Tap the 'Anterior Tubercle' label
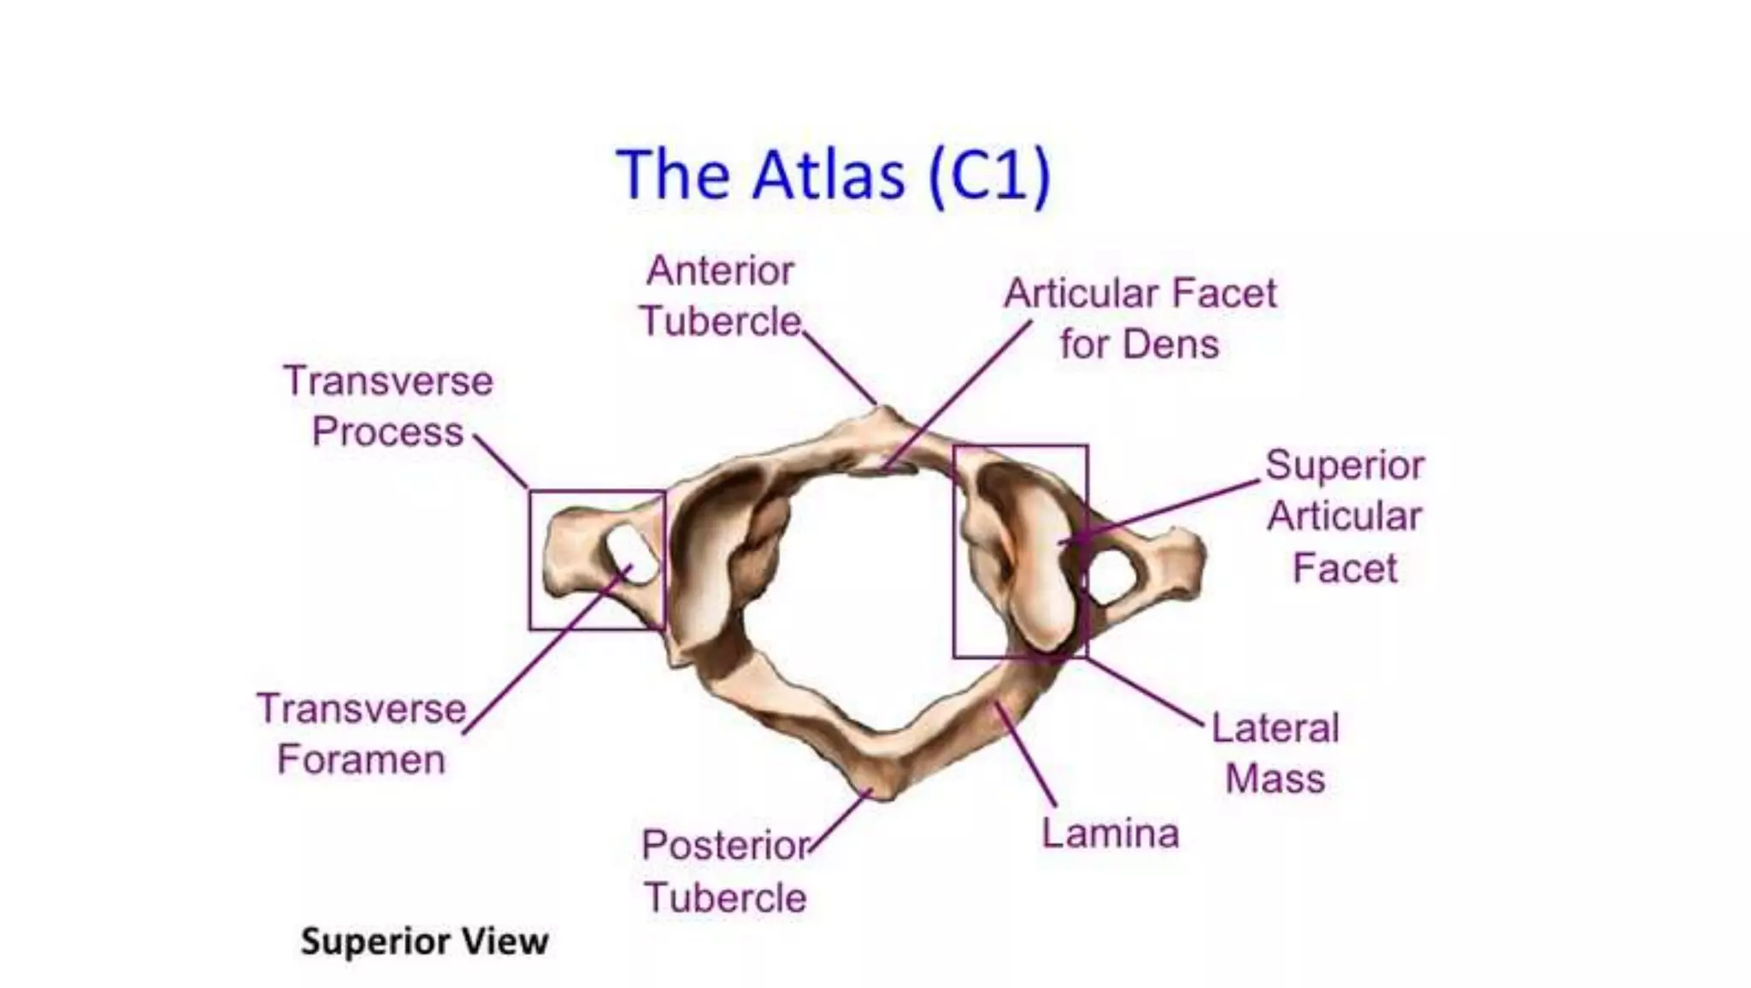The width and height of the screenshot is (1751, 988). (720, 296)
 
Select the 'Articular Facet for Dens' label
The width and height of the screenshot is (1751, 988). (1140, 318)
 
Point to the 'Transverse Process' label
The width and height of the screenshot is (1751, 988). (388, 406)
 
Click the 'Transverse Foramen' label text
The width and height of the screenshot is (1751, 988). (362, 734)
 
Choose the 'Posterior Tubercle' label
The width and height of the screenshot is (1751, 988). (725, 871)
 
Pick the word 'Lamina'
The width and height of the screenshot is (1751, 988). (1110, 833)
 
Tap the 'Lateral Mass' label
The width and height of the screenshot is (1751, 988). (1275, 754)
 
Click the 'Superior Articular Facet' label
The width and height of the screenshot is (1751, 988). (1345, 516)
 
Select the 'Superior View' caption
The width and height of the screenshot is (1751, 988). (424, 942)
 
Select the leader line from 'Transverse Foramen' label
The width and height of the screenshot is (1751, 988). (547, 650)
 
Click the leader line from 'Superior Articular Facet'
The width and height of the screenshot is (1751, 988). (1171, 510)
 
